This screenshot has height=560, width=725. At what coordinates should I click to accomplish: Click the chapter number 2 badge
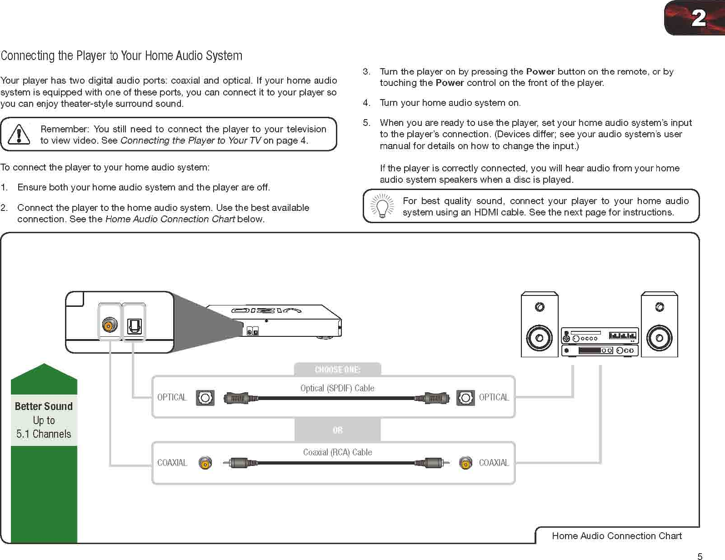698,18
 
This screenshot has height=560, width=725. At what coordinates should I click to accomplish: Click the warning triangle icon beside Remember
19,135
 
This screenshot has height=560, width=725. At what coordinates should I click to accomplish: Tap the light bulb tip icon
382,206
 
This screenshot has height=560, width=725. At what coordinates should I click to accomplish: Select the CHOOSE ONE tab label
337,370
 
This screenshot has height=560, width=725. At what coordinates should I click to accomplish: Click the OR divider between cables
337,430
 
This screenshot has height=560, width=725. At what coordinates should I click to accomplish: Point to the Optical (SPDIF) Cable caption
337,388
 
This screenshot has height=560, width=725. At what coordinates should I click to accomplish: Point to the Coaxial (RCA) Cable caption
337,452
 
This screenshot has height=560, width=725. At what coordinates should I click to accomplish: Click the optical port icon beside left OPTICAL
205,398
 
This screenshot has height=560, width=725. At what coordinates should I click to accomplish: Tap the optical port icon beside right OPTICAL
465,398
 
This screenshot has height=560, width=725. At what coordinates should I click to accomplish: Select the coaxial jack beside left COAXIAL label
205,463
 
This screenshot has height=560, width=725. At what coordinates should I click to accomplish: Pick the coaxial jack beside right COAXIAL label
465,463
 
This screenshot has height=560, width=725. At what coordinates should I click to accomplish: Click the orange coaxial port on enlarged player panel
110,325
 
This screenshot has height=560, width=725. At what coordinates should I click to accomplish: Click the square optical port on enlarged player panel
134,325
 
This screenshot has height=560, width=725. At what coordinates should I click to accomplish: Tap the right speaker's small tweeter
660,307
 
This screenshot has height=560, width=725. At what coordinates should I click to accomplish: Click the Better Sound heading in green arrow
44,406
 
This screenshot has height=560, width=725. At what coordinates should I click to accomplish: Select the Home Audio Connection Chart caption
617,536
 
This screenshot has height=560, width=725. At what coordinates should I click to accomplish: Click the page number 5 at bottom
700,556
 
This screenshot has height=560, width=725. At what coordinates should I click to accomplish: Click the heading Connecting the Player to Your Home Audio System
121,56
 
